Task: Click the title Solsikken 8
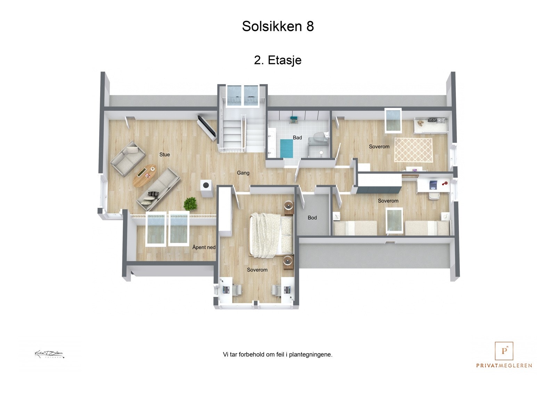coord(278,26)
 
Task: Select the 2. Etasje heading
coord(278,60)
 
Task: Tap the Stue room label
coord(164,155)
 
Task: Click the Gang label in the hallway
coord(243,173)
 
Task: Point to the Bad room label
coord(297,138)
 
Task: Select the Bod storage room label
coord(312,218)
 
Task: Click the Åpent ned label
coord(204,247)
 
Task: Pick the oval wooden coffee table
coord(145,175)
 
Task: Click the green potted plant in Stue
coord(190,204)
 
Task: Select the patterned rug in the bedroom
coord(413,150)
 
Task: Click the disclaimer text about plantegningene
coord(277,355)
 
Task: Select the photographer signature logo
coord(49,354)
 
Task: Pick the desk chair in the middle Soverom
coord(434,196)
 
